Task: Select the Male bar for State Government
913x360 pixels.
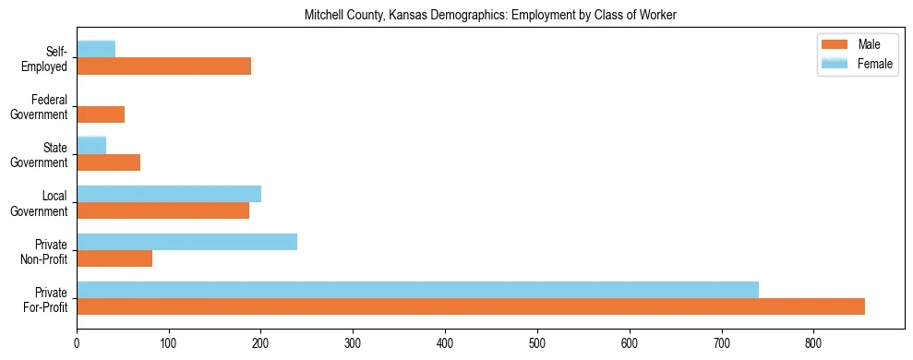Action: point(108,162)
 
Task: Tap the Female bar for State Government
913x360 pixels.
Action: point(91,146)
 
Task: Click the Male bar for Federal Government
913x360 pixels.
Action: point(101,114)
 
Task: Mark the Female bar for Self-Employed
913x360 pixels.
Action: point(96,50)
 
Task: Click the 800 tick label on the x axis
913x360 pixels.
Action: point(813,342)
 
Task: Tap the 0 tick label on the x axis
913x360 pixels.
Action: point(77,342)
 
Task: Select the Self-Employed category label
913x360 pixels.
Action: point(44,59)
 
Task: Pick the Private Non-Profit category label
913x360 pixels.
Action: point(45,251)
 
